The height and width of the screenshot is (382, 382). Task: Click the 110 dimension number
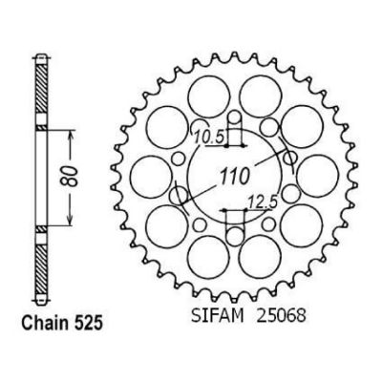234,176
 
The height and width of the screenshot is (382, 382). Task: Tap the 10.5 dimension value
207,138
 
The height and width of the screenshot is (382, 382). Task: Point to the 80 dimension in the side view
73,176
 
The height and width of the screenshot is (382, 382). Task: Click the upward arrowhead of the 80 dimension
71,137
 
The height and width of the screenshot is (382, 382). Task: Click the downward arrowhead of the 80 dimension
71,219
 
